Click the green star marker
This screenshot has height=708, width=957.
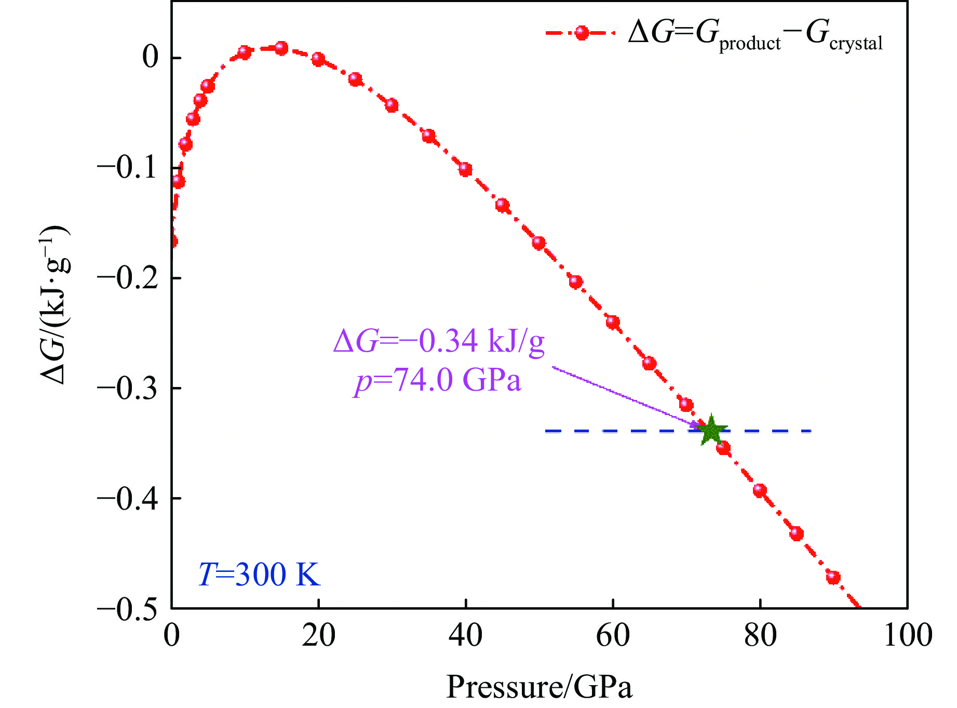tap(711, 430)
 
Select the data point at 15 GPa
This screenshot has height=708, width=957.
tap(281, 48)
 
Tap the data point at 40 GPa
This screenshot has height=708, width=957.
tap(465, 169)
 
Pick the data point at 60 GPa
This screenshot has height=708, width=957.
tap(613, 322)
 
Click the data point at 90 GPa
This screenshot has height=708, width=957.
tap(833, 577)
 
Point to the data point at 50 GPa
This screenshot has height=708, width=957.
tap(538, 243)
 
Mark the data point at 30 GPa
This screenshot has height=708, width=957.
tap(392, 105)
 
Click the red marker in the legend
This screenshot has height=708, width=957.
tap(582, 33)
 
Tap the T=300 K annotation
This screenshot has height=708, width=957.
tap(259, 575)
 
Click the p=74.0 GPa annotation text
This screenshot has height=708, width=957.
tap(438, 380)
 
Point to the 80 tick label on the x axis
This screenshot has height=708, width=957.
tap(760, 635)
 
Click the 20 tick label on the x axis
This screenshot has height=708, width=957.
tap(318, 635)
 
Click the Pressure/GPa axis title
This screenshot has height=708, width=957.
tap(539, 687)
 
